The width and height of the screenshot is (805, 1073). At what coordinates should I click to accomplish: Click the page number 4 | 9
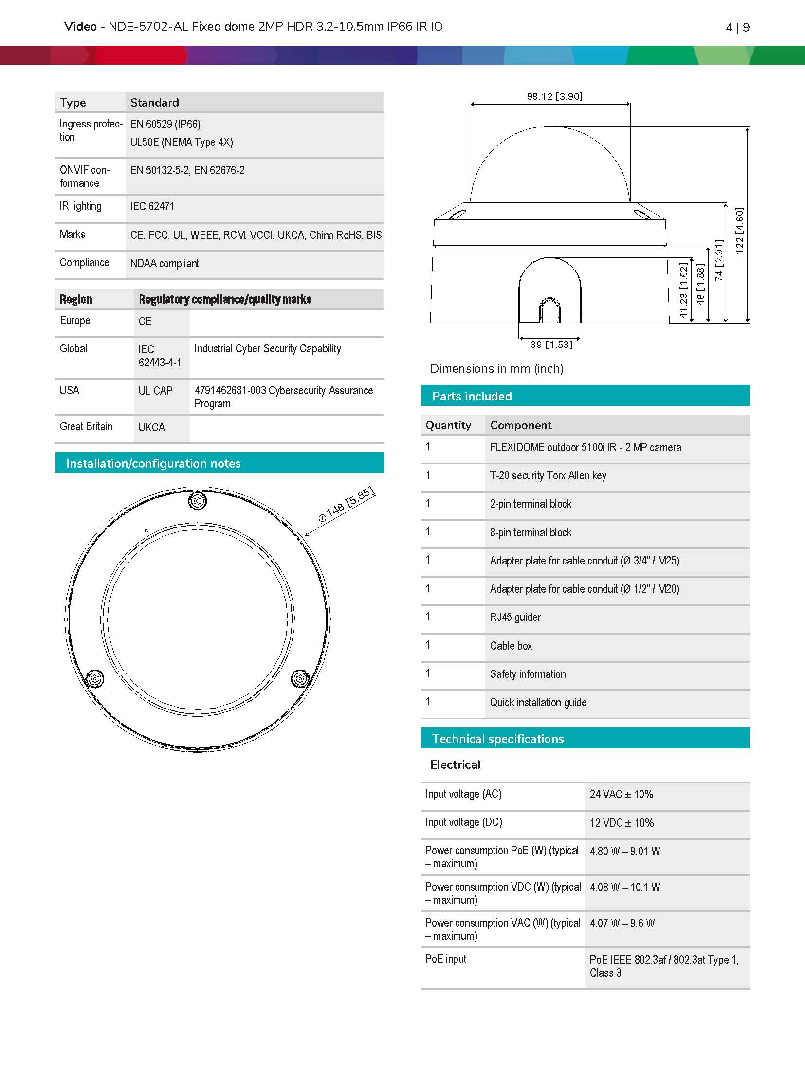click(737, 27)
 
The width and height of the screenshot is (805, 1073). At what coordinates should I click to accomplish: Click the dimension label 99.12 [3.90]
click(554, 96)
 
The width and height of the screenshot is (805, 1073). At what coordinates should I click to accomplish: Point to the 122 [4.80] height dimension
click(739, 231)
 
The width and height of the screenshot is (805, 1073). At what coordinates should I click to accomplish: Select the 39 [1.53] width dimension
click(551, 345)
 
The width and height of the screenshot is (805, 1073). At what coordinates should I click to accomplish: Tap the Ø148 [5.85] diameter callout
click(346, 504)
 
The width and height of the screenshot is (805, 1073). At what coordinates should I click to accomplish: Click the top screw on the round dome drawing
click(197, 501)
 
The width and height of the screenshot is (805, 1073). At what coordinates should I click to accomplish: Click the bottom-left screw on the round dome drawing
click(94, 678)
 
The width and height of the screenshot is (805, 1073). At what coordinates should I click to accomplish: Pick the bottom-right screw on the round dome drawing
click(300, 678)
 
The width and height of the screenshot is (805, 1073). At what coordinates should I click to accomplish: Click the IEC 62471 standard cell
click(152, 206)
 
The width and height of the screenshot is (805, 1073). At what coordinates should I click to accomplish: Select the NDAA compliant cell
click(165, 263)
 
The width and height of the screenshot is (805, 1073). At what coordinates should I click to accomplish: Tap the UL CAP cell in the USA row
click(155, 391)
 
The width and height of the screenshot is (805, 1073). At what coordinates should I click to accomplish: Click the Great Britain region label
click(86, 426)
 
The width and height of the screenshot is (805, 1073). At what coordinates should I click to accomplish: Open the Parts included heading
click(472, 396)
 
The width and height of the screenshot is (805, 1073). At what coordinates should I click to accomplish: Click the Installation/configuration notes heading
click(153, 463)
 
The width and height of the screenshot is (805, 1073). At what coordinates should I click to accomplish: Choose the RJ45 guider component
click(515, 617)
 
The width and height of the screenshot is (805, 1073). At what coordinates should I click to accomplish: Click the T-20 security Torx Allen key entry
click(548, 475)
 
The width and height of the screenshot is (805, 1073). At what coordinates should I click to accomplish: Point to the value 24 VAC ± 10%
click(621, 794)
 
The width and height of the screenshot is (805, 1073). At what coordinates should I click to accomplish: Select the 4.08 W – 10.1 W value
click(624, 887)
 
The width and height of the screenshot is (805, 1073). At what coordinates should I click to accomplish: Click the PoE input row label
click(445, 959)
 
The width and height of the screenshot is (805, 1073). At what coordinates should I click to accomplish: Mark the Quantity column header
click(448, 425)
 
